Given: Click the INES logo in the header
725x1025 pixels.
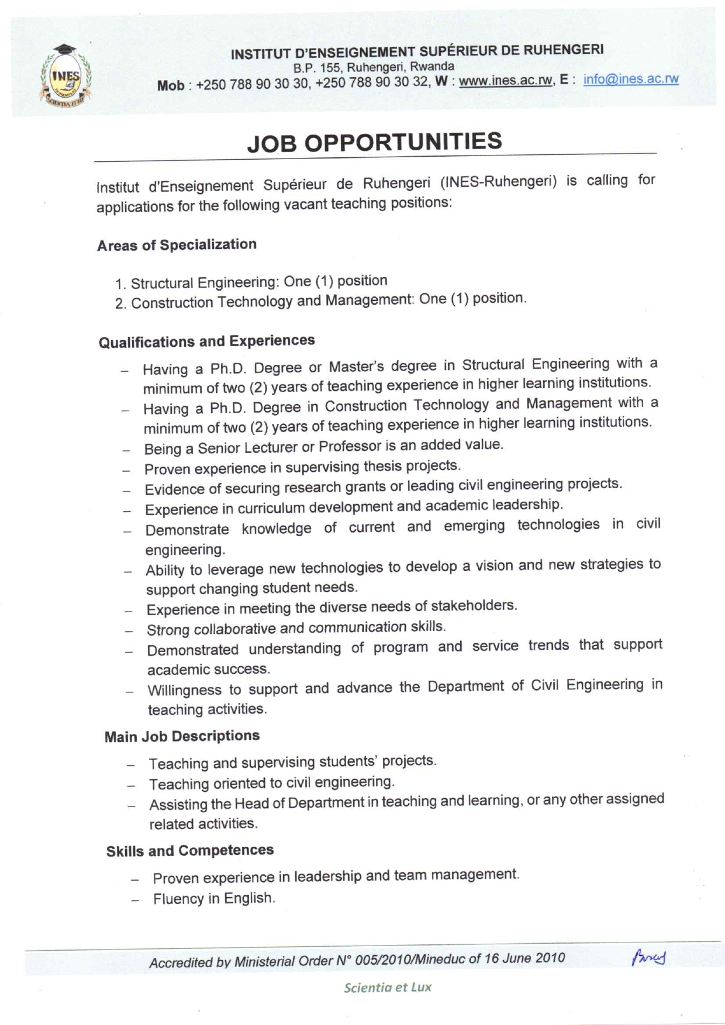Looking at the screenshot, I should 65,77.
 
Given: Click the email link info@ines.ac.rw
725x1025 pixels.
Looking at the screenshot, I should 630,79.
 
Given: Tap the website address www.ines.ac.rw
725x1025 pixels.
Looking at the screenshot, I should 505,81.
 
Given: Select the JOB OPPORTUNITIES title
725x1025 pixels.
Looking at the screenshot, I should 374,142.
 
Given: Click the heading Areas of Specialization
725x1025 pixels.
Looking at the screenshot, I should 177,245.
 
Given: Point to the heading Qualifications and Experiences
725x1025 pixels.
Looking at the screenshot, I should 206,341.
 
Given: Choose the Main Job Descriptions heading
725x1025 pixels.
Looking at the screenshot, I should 182,736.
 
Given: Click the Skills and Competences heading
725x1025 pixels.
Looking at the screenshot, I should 189,851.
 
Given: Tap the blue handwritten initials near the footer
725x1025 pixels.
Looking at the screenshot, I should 648,957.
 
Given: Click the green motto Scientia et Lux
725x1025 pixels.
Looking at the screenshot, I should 388,988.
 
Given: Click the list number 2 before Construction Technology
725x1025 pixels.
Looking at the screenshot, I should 120,304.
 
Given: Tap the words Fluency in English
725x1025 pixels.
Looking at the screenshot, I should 213,899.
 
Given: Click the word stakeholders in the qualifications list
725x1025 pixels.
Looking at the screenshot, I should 474,605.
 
